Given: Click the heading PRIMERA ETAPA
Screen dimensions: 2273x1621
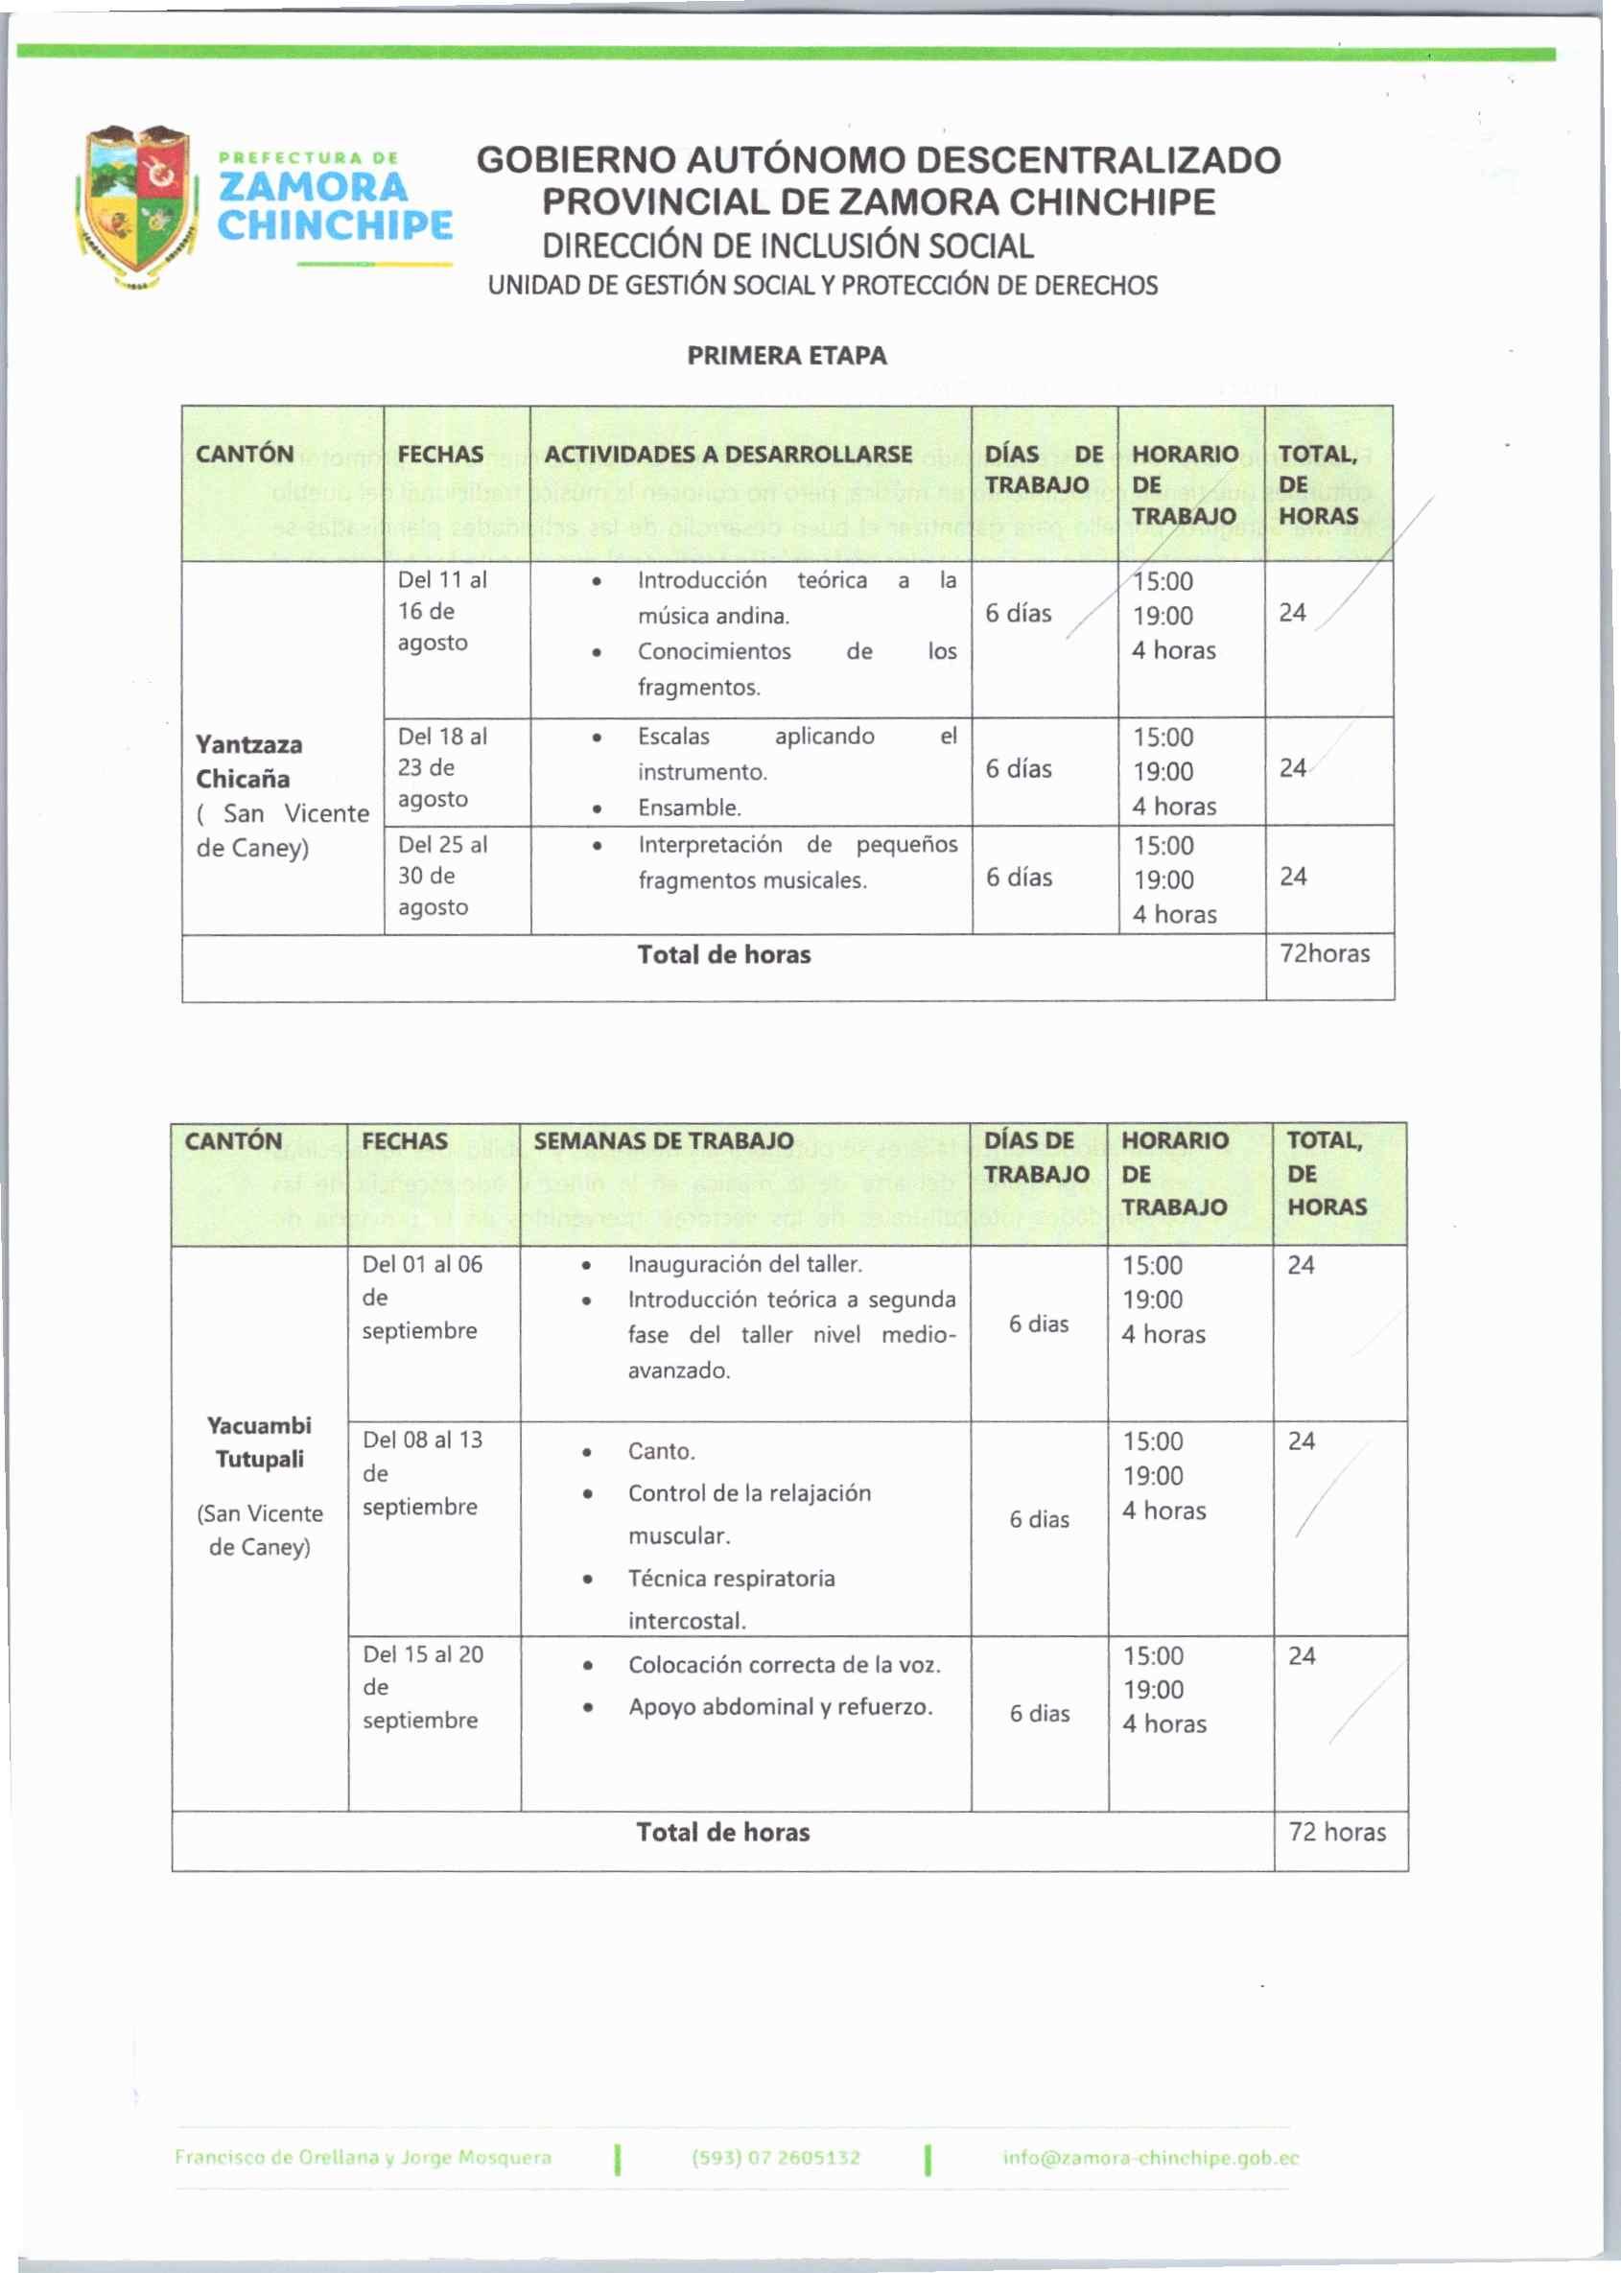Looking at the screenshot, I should tap(787, 356).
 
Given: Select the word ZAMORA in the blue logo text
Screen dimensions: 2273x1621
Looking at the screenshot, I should tap(313, 188).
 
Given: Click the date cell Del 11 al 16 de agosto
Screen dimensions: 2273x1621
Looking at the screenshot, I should tap(442, 611).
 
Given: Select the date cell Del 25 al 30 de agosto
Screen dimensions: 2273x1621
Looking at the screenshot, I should tap(442, 875).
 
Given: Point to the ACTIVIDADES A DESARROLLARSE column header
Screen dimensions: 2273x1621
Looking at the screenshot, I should tap(728, 454).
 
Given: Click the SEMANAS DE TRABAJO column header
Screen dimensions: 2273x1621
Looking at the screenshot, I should tap(663, 1140).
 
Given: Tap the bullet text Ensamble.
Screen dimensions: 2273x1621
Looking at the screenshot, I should tap(689, 808).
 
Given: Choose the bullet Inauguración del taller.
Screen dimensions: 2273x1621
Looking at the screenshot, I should tap(744, 1264).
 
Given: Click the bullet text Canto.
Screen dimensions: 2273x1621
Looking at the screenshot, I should tap(661, 1451).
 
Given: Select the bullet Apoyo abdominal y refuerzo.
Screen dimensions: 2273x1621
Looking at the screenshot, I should tap(781, 1707).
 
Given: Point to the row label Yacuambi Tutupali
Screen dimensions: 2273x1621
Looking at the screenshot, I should tap(260, 1441).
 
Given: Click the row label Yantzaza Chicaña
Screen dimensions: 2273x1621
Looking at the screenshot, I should tap(248, 762).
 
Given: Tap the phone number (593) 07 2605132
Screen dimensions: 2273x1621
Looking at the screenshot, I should tap(776, 2157).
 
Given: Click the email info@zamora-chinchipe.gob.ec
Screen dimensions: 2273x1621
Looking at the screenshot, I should tap(1150, 2157).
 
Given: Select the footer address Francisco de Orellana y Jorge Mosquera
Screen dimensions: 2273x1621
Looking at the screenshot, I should tap(363, 2157).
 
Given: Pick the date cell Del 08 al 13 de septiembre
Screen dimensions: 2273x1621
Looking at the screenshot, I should tap(422, 1473).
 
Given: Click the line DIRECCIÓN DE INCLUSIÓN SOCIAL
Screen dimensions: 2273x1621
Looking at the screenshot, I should tap(787, 246).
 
